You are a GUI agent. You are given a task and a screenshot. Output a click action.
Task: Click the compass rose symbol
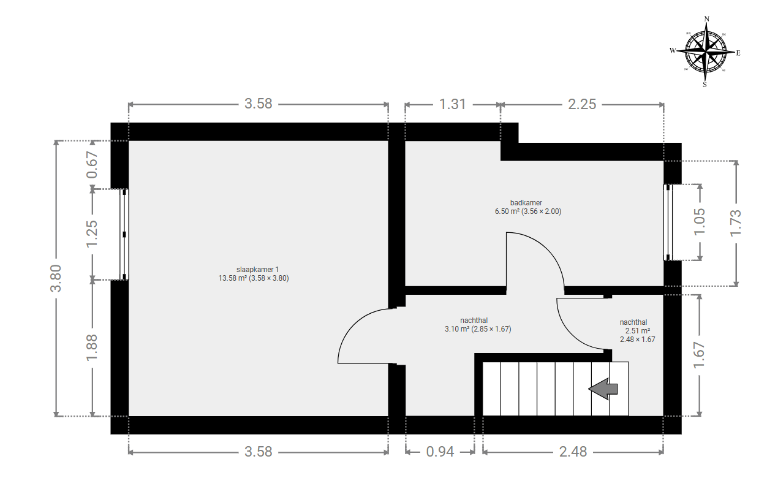point(705,51)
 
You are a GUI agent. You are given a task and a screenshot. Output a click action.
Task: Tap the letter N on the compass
point(706,19)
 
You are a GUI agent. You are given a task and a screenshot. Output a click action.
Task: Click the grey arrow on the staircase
point(603,389)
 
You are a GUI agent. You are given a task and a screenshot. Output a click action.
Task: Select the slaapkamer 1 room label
point(254,274)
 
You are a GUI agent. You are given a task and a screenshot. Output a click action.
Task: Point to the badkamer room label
point(528,207)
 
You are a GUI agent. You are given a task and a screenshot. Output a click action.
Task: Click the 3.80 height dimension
point(56,278)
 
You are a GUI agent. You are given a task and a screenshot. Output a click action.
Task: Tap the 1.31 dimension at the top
point(452,104)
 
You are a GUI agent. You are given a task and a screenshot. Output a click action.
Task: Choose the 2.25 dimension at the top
point(582,104)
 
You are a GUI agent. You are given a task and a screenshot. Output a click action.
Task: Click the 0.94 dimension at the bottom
point(440,452)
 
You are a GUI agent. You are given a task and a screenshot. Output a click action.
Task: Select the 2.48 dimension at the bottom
point(573,452)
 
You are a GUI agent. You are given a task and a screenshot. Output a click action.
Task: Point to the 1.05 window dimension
point(700,221)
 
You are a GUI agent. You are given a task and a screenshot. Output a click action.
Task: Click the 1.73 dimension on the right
point(736,223)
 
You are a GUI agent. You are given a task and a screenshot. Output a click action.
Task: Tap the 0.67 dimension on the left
point(92,165)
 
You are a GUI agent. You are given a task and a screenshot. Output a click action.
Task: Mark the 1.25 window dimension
point(92,234)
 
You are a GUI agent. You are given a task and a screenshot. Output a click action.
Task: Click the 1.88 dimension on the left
point(92,347)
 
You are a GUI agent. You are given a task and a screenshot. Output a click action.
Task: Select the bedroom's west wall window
point(124,234)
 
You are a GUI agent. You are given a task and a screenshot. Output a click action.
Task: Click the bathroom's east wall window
point(668,222)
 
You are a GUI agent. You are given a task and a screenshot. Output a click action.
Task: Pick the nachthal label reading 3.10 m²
point(478,325)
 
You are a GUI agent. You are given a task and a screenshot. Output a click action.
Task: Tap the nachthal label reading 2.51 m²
point(637,331)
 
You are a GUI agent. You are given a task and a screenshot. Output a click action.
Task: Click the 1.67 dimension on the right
point(700,354)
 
